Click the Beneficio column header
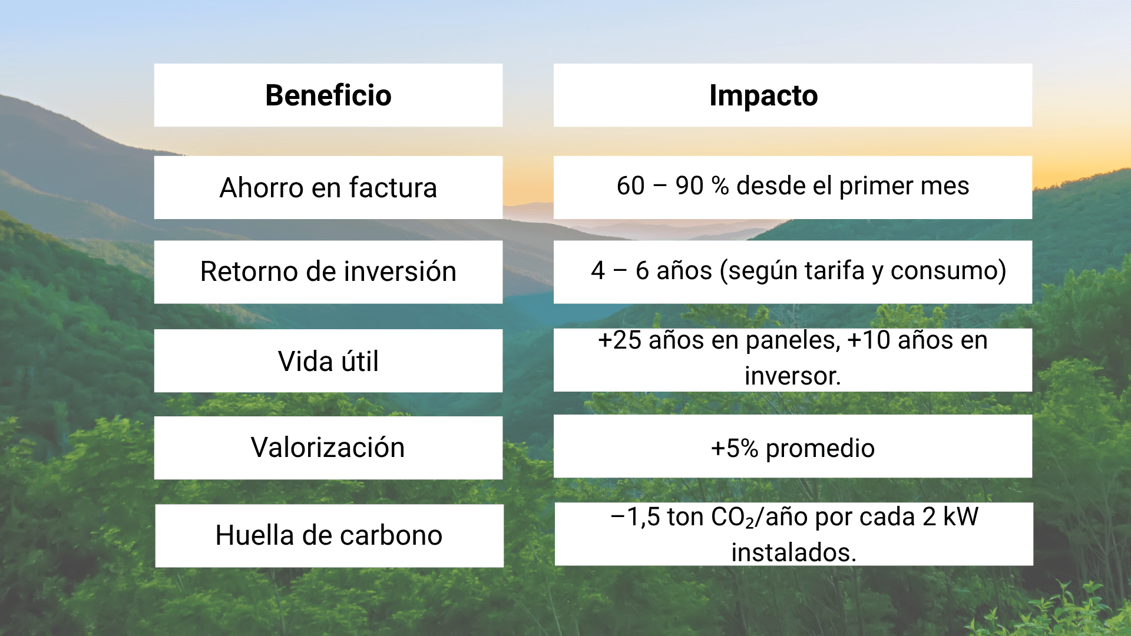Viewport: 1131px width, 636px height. (x=328, y=95)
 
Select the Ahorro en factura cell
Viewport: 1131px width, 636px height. (x=328, y=187)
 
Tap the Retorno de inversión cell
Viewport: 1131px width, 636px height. (x=328, y=271)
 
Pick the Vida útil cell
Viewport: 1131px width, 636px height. (x=328, y=360)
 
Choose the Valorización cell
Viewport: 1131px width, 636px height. (x=328, y=448)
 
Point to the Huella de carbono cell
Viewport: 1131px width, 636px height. (x=329, y=535)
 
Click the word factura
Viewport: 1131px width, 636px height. (x=393, y=188)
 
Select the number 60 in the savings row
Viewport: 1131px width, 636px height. (x=631, y=186)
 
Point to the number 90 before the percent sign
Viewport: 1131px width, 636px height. (x=689, y=186)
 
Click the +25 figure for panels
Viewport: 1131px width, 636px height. (x=620, y=340)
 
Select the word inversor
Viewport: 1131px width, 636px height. (x=792, y=376)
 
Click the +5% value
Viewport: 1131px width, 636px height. (x=735, y=449)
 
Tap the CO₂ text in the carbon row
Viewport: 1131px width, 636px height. (x=733, y=518)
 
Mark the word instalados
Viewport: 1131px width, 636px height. (x=793, y=553)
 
